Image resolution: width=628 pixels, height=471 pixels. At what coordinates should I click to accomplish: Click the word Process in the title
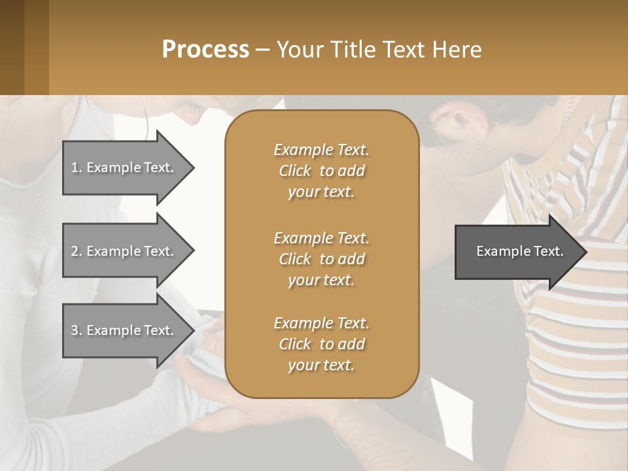[205, 50]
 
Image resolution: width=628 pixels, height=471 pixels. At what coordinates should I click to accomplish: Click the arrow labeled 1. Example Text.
[124, 167]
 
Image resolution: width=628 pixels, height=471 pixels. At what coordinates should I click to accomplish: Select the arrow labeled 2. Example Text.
[124, 251]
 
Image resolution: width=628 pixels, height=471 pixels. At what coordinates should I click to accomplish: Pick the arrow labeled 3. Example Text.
[124, 330]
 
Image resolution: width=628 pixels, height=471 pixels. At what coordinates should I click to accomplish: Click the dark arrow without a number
[517, 251]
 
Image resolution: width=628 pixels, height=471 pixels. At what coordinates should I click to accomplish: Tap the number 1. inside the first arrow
[77, 167]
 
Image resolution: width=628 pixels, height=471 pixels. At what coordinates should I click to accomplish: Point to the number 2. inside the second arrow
[77, 251]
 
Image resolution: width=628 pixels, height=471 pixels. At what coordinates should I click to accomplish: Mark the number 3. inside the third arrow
[77, 330]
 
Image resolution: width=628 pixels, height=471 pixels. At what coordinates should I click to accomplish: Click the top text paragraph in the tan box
[321, 171]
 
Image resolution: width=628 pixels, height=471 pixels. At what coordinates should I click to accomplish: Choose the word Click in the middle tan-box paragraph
[295, 259]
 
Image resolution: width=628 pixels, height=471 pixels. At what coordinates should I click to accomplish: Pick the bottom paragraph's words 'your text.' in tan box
[321, 365]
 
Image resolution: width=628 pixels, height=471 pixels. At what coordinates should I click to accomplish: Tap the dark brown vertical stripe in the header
[12, 47]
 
